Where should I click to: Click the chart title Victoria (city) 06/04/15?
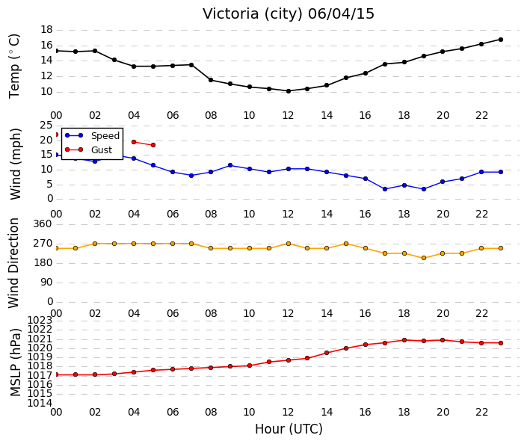[x=288, y=14]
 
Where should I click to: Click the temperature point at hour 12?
[x=289, y=91]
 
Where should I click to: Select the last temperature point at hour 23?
[x=500, y=40]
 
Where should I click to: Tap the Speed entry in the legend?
[x=93, y=136]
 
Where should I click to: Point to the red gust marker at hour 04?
[x=134, y=142]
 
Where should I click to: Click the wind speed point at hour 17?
[x=385, y=189]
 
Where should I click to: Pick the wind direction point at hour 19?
[x=424, y=258]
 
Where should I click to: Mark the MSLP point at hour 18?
[x=404, y=340]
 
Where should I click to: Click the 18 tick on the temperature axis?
[x=46, y=30]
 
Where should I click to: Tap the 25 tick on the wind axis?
[x=46, y=126]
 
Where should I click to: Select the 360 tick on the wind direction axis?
[x=43, y=223]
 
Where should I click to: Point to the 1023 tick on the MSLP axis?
[x=40, y=320]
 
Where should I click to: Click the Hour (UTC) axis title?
[x=289, y=429]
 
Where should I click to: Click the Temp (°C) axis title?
[x=14, y=67]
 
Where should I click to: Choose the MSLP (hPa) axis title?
[x=16, y=363]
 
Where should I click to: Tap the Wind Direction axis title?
[x=13, y=263]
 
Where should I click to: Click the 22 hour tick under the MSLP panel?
[x=481, y=412]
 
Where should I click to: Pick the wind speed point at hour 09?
[x=230, y=165]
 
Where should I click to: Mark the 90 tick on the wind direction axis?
[x=46, y=283]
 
